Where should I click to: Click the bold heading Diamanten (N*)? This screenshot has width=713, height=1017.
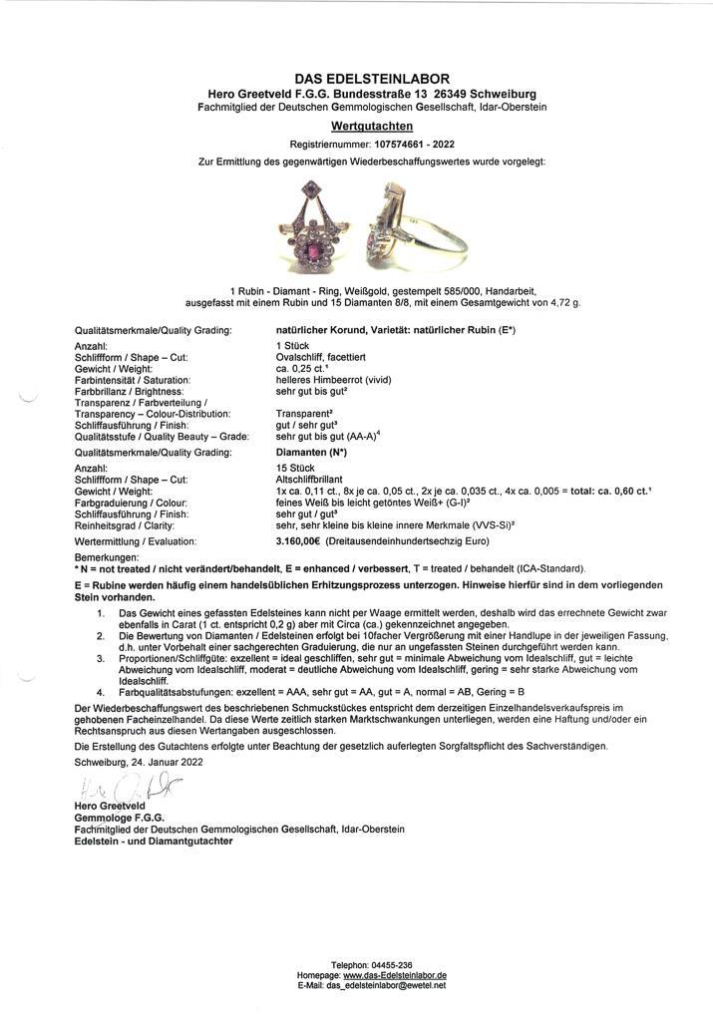[x=311, y=452]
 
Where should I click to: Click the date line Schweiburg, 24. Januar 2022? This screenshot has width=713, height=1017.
[x=139, y=761]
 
